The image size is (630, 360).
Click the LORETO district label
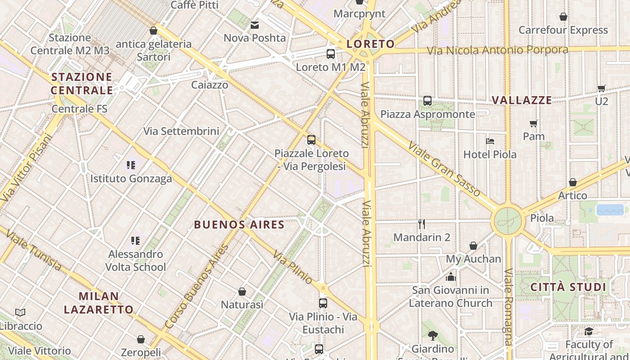(x=371, y=44)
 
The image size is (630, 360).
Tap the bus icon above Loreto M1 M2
(x=331, y=54)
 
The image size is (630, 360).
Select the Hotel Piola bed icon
(x=490, y=141)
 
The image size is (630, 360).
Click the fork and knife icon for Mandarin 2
(x=422, y=224)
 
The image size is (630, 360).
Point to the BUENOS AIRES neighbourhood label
(x=239, y=225)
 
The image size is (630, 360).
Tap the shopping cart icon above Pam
(x=534, y=123)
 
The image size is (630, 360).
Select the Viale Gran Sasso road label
(x=445, y=169)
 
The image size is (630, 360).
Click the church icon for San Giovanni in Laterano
(x=451, y=276)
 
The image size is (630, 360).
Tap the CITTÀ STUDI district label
(x=568, y=287)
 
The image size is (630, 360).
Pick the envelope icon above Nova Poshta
(x=255, y=25)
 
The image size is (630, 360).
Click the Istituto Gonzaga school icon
(x=131, y=165)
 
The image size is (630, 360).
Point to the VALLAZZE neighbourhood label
(x=522, y=100)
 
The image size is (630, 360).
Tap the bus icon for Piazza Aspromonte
(x=427, y=101)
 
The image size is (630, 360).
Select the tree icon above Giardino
(x=432, y=335)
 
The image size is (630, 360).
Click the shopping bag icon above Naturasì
(x=242, y=292)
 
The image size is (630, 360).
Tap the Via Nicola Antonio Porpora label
(x=497, y=50)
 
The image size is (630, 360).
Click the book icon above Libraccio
(x=20, y=312)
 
